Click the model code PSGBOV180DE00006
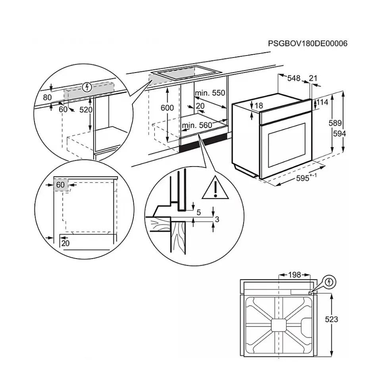coord(307,44)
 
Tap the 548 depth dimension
coord(294,79)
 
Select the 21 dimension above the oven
coord(313,79)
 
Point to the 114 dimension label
coord(323,102)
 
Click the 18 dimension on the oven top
coord(259,106)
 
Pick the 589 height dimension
coord(335,123)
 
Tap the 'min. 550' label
coord(210,93)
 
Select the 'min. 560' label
coord(197,126)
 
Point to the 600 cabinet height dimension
coord(167,108)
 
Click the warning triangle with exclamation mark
coord(214,188)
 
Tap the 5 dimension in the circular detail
coord(198,213)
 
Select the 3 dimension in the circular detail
coord(217,219)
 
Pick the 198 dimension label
coord(294,274)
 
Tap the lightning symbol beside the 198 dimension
coord(329,282)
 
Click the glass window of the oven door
coord(287,145)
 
